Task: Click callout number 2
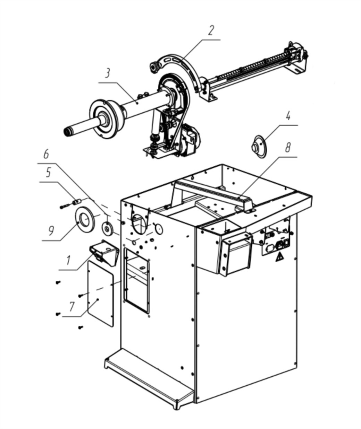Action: pos(211,31)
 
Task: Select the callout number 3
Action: pos(107,73)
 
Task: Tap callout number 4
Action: pos(288,116)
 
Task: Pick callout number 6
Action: pos(46,154)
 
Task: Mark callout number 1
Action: pos(68,260)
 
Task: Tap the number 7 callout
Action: pos(72,307)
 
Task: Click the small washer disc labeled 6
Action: pos(108,228)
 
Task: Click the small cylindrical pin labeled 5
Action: pos(76,201)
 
